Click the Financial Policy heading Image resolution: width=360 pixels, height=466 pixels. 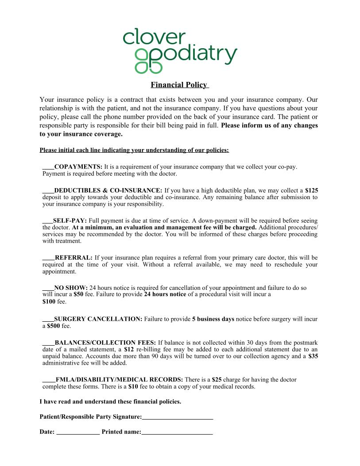(x=179, y=85)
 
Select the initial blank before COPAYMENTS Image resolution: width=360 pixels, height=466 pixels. (x=48, y=167)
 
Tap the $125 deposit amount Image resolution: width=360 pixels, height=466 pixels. (x=311, y=190)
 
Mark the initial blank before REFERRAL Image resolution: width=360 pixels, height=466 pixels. (x=48, y=258)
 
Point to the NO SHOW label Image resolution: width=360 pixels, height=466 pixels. (x=71, y=288)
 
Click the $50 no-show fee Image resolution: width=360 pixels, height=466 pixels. (x=78, y=294)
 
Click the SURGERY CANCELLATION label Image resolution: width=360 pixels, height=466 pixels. (x=98, y=319)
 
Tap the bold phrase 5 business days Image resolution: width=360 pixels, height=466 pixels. (x=213, y=319)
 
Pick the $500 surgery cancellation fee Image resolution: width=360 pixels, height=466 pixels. (x=54, y=326)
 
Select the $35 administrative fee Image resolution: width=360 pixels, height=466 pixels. (x=313, y=356)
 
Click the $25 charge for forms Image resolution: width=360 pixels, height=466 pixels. (x=217, y=380)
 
